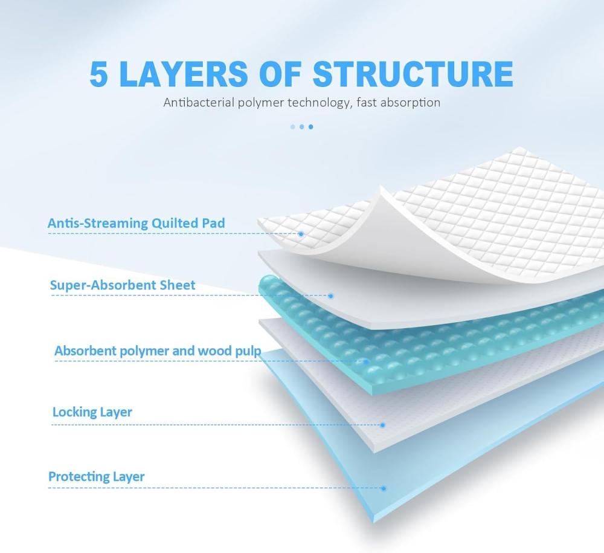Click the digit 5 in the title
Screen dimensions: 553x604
100,73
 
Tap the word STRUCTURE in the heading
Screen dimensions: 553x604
413,73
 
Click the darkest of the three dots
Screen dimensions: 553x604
311,127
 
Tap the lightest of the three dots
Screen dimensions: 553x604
292,127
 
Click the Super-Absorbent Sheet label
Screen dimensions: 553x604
123,285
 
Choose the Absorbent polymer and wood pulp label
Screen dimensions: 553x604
158,351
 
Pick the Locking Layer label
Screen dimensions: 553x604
92,412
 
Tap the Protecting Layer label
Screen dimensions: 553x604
97,476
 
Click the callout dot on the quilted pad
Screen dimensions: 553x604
301,233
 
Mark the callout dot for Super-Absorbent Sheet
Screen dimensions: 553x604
330,296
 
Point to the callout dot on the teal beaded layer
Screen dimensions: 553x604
366,362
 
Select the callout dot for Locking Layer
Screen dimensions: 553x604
382,425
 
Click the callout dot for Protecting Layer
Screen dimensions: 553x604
383,488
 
